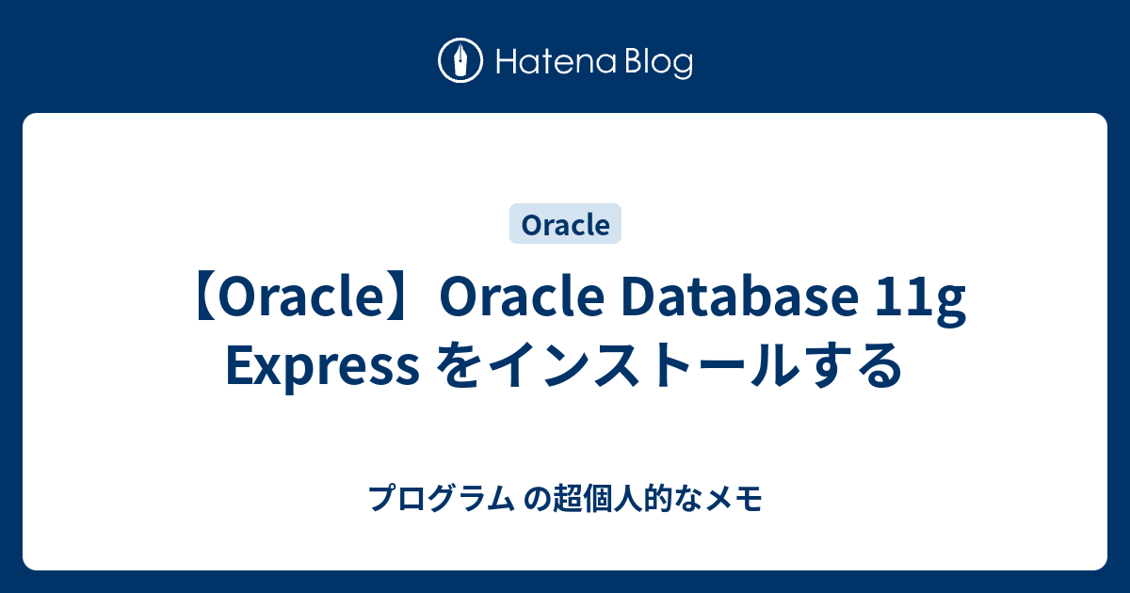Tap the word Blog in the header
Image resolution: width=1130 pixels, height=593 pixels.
pyautogui.click(x=656, y=64)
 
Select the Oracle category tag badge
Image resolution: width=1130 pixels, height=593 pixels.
pyautogui.click(x=565, y=225)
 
